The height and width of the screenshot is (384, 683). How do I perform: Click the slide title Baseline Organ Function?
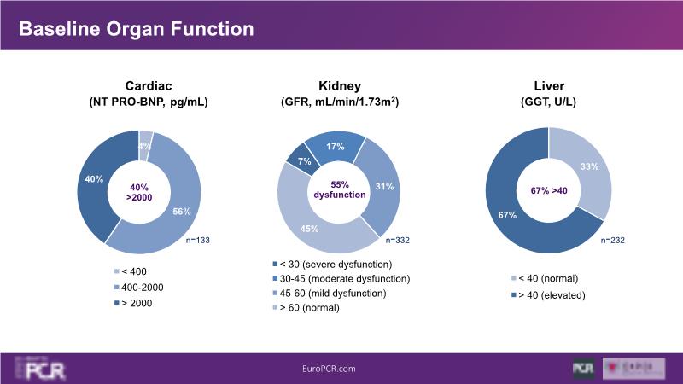(x=137, y=29)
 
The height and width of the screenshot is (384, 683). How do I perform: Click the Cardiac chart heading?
(x=149, y=85)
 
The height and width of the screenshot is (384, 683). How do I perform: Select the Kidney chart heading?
(x=339, y=85)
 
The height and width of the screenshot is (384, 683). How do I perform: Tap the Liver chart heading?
(x=547, y=85)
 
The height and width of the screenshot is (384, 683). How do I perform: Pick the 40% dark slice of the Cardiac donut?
(x=95, y=180)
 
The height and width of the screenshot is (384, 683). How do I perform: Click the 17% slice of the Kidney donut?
(x=336, y=147)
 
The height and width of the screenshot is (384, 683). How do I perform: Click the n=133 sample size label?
(x=197, y=241)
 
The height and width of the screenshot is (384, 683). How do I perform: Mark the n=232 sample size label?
(x=612, y=241)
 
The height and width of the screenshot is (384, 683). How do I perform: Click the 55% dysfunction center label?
(x=341, y=189)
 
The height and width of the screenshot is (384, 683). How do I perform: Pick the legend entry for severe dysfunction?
(x=334, y=264)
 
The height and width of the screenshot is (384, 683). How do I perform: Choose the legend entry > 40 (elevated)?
(x=549, y=294)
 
